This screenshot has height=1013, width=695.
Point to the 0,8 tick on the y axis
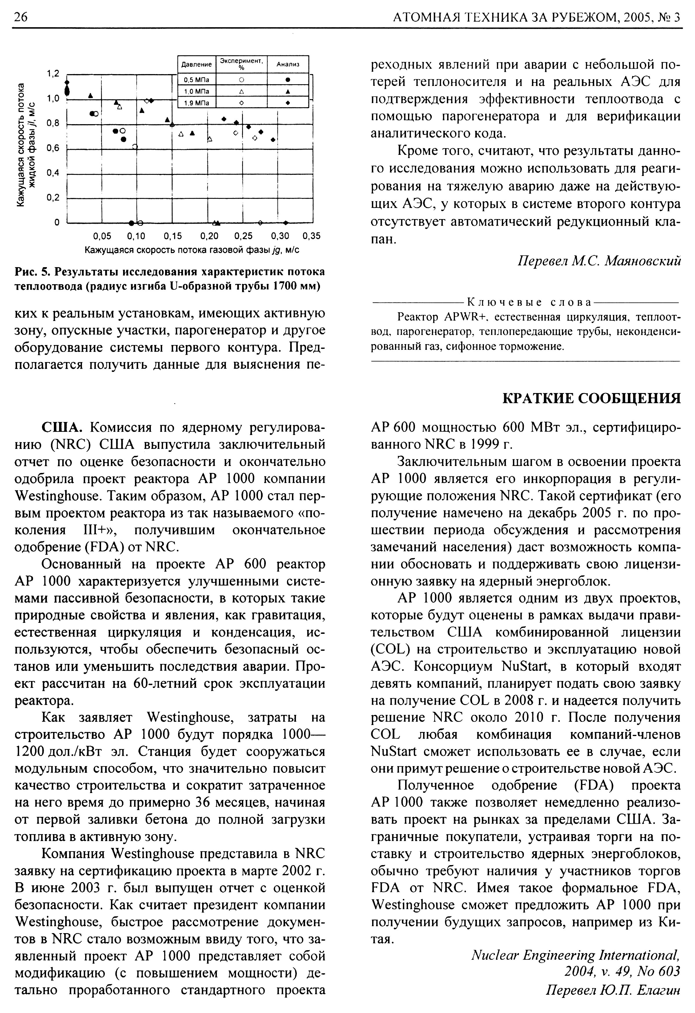(53, 123)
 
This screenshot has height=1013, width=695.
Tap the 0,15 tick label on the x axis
(172, 236)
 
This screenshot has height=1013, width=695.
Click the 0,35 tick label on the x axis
(311, 236)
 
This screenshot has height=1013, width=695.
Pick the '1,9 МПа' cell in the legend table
(197, 103)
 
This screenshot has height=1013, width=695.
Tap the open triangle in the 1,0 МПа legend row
(241, 91)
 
